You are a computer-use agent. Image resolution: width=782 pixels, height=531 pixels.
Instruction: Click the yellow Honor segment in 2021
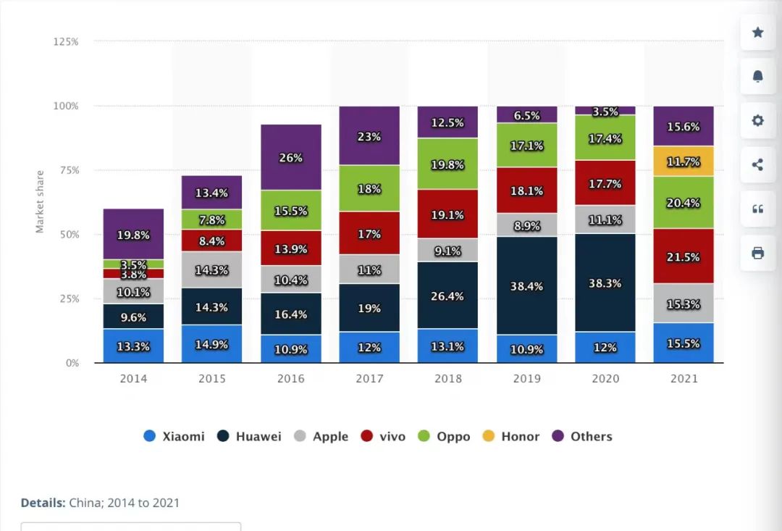[684, 161]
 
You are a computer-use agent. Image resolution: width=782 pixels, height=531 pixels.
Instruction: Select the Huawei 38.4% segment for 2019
[526, 285]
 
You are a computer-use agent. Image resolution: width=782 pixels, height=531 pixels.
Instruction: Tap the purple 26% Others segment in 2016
[290, 157]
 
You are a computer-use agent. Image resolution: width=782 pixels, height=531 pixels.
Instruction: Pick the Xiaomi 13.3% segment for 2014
[133, 346]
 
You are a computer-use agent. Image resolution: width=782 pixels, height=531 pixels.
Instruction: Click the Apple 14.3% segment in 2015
[211, 269]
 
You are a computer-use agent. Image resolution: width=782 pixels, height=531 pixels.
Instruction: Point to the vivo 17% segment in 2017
[369, 233]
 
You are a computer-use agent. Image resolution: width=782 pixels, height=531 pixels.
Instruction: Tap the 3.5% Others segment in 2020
[605, 111]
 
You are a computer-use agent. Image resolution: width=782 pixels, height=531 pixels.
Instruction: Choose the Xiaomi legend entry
[175, 436]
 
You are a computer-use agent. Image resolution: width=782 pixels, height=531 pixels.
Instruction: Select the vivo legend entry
[383, 436]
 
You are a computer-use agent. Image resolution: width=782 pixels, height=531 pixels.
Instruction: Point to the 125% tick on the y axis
[66, 42]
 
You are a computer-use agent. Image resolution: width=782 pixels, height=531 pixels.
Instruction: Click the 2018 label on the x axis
[447, 379]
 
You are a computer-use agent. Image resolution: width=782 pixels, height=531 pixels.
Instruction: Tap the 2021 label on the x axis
[684, 379]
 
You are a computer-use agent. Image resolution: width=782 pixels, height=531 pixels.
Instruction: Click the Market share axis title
[40, 201]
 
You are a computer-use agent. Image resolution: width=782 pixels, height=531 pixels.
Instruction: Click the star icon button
[757, 33]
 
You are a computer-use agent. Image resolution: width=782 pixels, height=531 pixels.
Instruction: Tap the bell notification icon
[757, 77]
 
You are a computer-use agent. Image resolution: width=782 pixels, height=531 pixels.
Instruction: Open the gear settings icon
[757, 121]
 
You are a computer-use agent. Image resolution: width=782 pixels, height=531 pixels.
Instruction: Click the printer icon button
[757, 253]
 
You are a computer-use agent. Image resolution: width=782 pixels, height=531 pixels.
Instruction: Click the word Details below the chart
[43, 503]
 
